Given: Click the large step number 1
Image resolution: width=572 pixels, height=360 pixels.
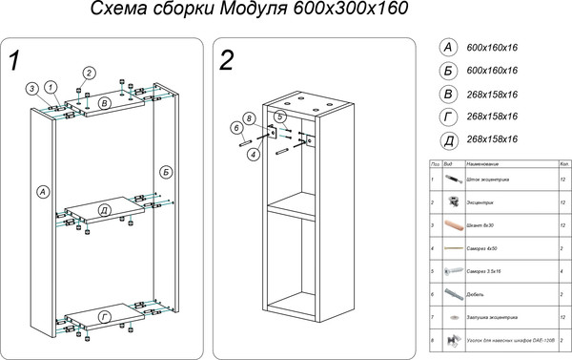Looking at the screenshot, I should click(x=14, y=60).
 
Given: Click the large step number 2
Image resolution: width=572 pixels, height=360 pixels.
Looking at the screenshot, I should click(x=227, y=60).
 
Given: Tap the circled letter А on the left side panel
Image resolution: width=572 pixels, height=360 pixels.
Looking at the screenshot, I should click(x=42, y=192).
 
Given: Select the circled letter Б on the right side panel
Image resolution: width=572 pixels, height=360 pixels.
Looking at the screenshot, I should click(x=167, y=171).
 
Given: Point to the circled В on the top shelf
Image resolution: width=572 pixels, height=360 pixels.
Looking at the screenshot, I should click(x=105, y=102).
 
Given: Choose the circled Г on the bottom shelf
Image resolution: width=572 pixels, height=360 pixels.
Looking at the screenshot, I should click(x=104, y=315).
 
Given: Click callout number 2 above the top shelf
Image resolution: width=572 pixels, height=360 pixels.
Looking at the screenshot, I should click(x=89, y=74).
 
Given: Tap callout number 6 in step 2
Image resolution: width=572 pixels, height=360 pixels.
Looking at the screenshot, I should click(x=235, y=127).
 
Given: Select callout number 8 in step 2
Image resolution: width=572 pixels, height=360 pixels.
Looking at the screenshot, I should click(x=249, y=118).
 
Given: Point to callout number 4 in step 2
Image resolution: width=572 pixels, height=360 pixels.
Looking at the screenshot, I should click(x=253, y=154).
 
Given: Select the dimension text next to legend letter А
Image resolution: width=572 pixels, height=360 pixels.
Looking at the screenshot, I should click(x=492, y=47).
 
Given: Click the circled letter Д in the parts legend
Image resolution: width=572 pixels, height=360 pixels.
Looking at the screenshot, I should click(x=446, y=139).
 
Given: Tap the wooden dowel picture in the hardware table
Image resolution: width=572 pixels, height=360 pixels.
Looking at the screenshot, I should click(x=452, y=225).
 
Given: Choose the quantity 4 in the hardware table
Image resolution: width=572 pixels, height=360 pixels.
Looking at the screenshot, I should click(x=563, y=271).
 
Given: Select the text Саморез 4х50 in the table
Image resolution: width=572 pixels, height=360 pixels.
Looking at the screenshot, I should click(x=484, y=248).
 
